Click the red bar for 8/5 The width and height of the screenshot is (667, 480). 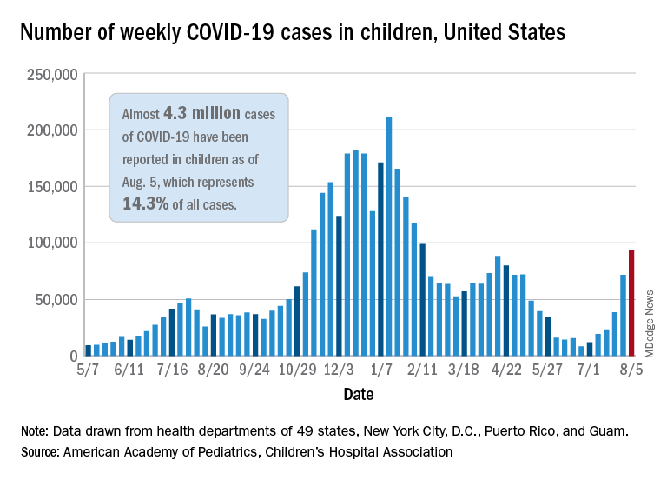click(x=631, y=303)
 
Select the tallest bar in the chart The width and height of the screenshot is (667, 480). click(x=389, y=237)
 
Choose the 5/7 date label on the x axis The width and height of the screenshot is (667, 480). click(x=89, y=370)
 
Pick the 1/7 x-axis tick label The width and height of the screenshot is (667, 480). click(x=381, y=370)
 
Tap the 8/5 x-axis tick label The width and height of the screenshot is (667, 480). click(x=630, y=370)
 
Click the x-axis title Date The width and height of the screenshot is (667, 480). click(x=358, y=395)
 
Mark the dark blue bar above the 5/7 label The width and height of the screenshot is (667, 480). click(x=89, y=350)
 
